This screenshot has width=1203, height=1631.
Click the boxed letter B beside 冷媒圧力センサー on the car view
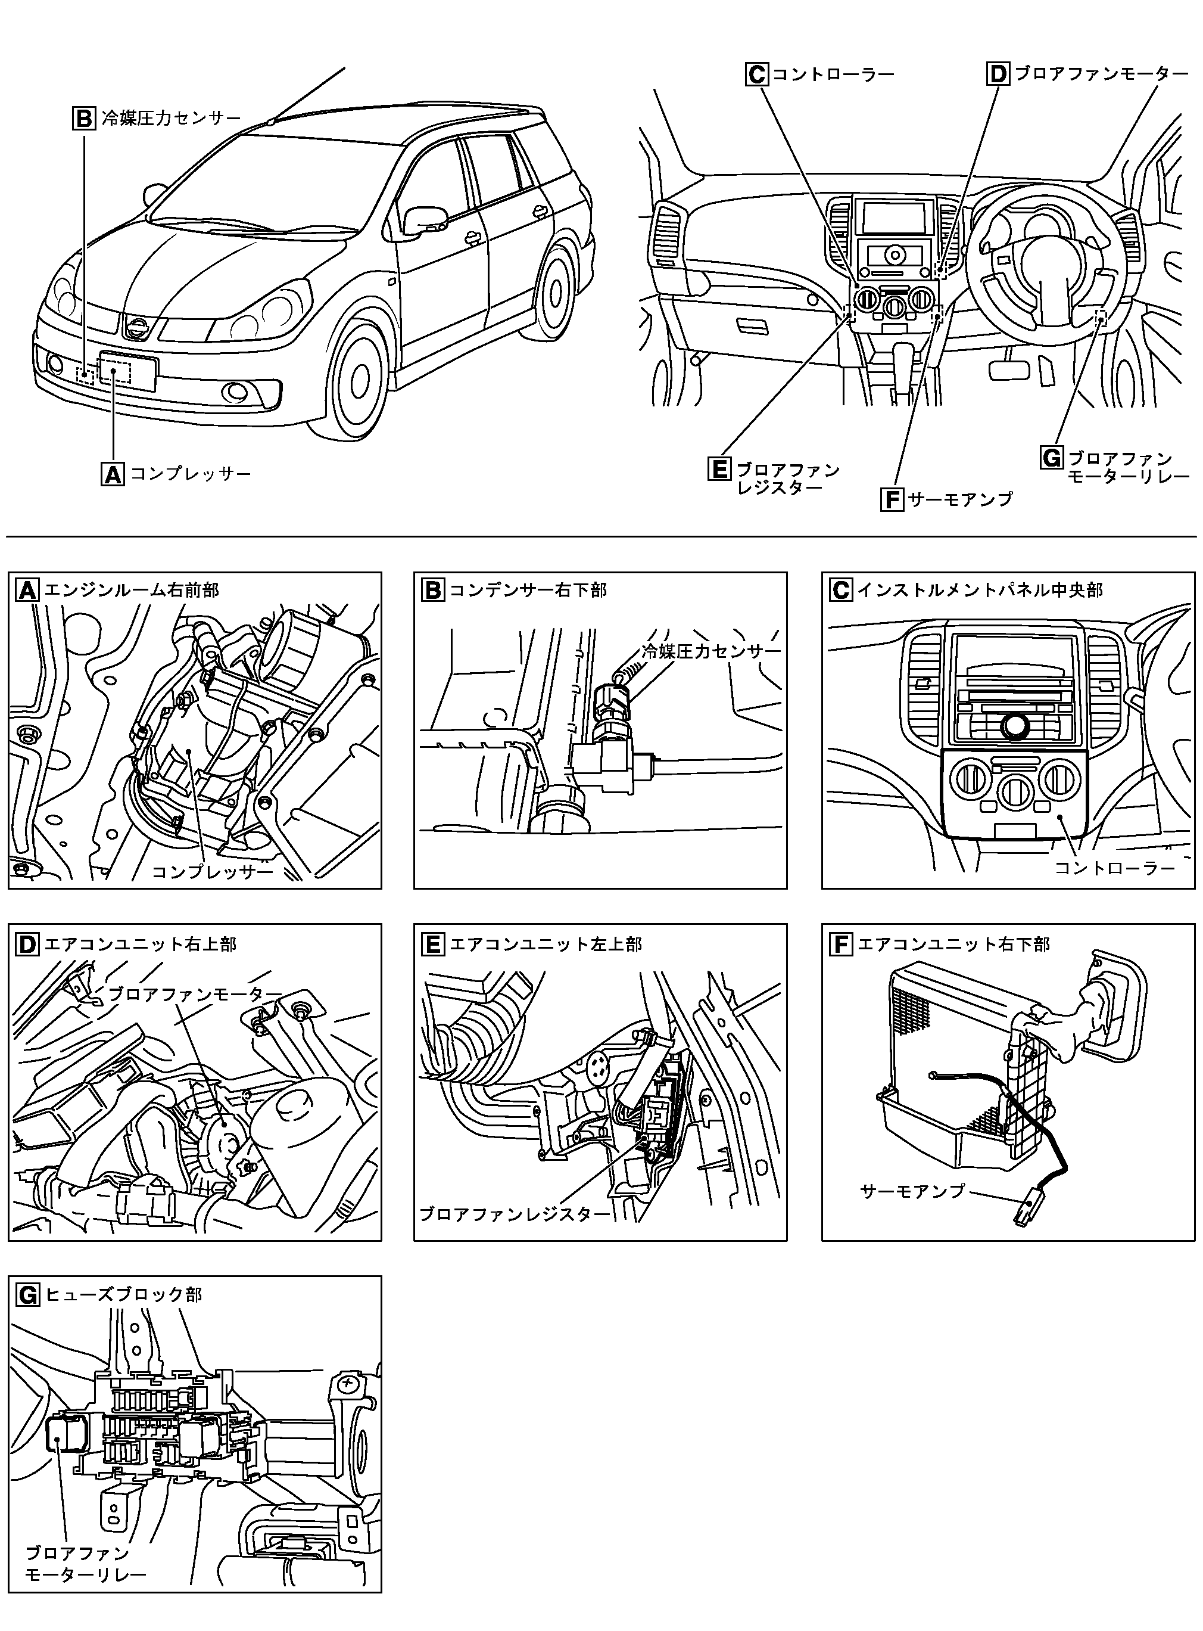tap(84, 118)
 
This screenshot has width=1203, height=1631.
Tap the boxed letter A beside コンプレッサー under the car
tap(113, 474)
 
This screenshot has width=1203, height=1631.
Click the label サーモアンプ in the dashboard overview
tap(961, 499)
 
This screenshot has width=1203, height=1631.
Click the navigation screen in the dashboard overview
tap(895, 216)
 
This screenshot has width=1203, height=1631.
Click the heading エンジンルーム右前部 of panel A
tap(131, 589)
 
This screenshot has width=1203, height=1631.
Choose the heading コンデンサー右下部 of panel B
tap(528, 589)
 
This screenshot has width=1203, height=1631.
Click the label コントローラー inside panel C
tap(1114, 868)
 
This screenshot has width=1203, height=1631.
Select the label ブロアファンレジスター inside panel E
tap(516, 1214)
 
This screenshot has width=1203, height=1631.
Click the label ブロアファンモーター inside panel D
tap(194, 993)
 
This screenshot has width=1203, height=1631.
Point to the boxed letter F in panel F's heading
tap(841, 945)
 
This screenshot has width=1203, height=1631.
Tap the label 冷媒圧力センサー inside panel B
tap(710, 651)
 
